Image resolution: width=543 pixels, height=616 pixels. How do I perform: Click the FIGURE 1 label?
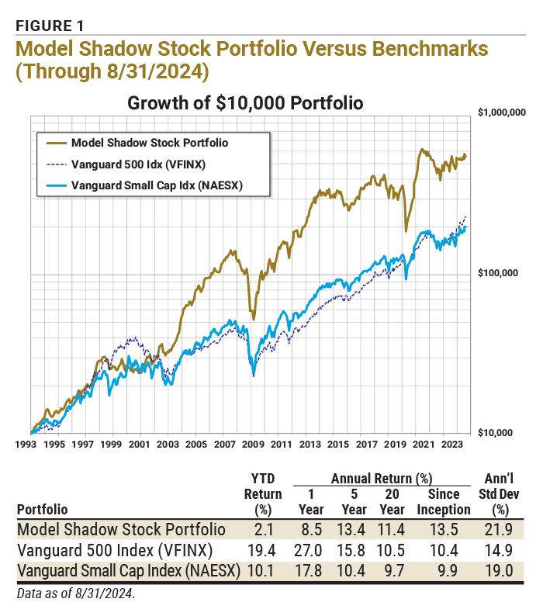[50, 26]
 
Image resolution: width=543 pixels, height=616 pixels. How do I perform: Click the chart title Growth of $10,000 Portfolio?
[245, 103]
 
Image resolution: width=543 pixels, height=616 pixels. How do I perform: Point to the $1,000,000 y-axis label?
[502, 112]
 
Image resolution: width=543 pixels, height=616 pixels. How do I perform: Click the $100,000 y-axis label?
[498, 272]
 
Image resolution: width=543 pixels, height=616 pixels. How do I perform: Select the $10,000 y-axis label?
[496, 433]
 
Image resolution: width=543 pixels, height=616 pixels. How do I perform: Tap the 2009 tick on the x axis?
[253, 445]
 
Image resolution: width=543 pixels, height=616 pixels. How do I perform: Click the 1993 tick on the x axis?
[26, 445]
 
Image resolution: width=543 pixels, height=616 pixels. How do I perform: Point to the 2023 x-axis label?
[451, 445]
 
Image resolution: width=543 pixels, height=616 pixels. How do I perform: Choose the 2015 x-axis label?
[338, 445]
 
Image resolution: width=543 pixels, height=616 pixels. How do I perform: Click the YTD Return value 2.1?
[263, 530]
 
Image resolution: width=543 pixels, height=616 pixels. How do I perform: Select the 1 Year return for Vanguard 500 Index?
[308, 550]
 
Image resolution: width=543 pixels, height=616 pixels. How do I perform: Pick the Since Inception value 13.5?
[444, 530]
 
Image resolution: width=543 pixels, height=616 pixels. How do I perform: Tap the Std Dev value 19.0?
[499, 571]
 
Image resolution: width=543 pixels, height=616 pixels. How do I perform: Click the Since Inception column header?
[444, 502]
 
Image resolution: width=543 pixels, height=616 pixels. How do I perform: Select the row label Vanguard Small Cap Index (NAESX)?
[129, 571]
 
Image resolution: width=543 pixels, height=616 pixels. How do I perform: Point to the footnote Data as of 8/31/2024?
[76, 594]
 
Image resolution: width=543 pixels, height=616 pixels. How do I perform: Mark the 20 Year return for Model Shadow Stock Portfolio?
[391, 530]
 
